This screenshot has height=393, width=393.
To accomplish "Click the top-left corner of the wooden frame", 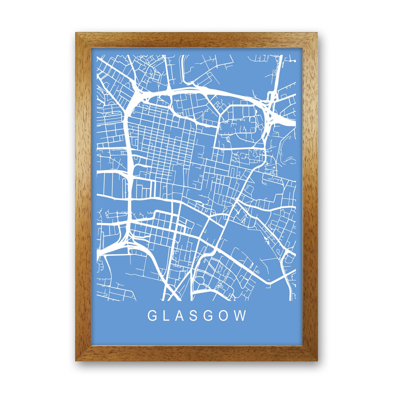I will (76, 33).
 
